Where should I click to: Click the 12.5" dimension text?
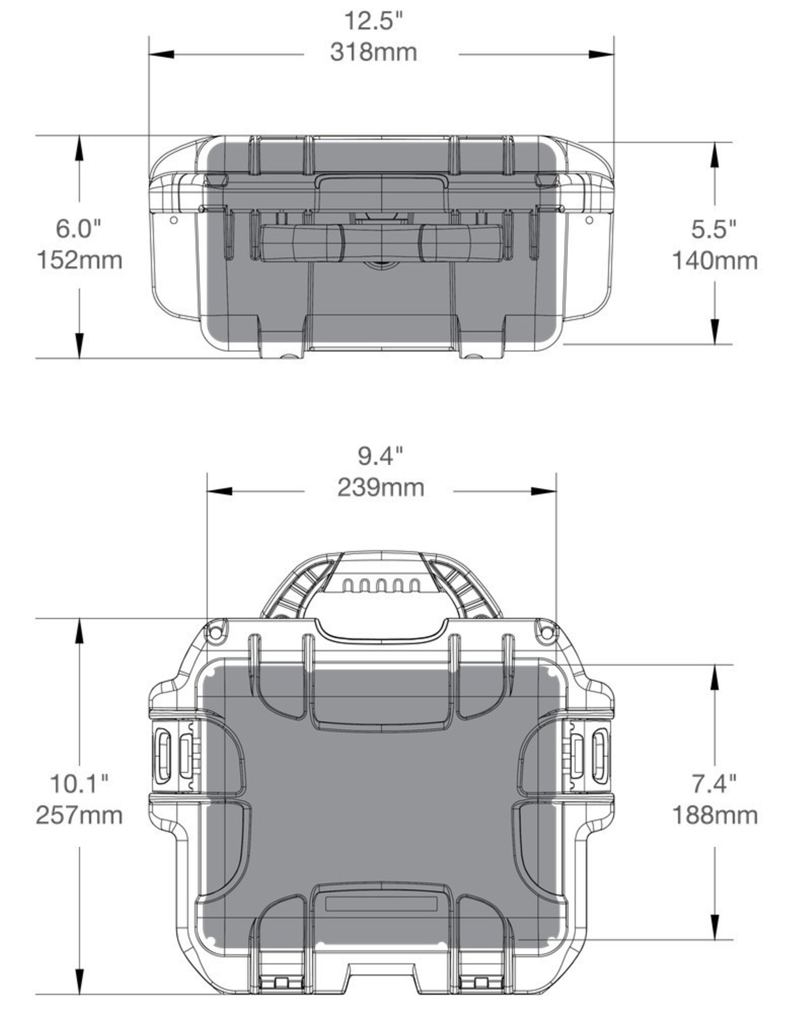point(374,21)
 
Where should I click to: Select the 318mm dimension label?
point(374,52)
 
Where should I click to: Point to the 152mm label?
point(80,260)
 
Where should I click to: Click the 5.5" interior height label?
point(714,229)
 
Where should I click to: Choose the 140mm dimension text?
point(714,261)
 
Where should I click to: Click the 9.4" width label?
point(381,456)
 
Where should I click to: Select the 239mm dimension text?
point(381,488)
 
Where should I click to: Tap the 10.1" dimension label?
point(79,783)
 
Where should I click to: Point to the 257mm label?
point(79,815)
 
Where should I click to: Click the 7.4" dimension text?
point(714,783)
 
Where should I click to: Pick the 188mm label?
point(714,815)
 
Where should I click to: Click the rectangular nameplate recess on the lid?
point(381,904)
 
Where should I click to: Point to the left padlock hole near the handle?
point(215,632)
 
